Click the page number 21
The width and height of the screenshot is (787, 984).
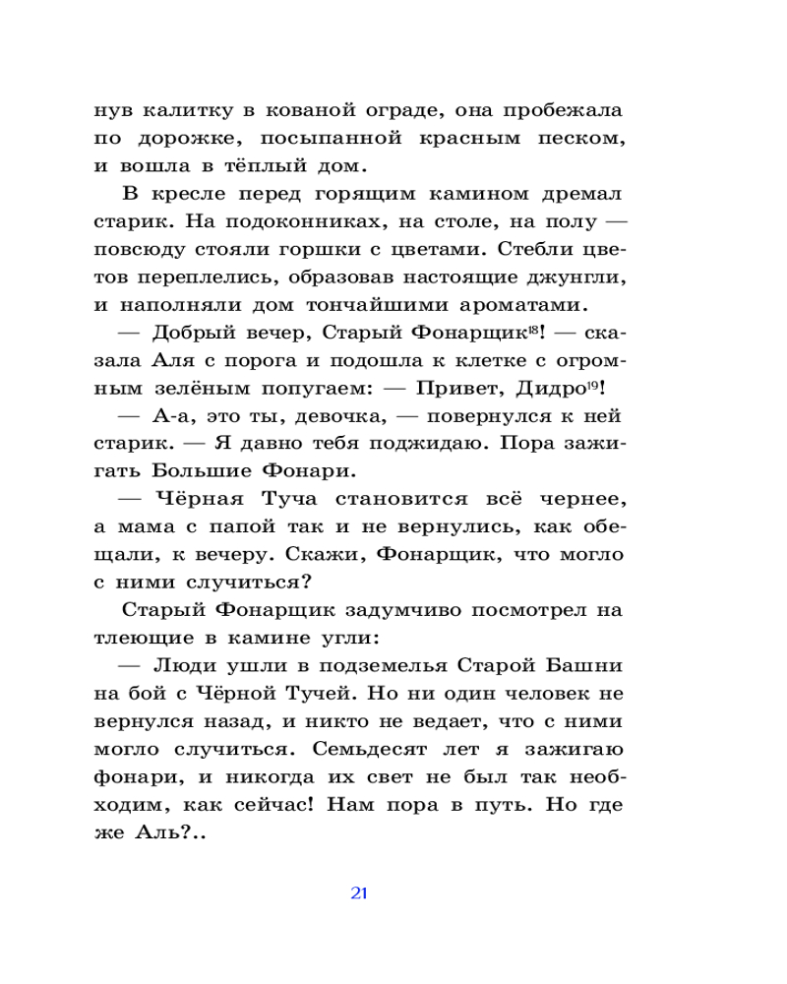(358, 893)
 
